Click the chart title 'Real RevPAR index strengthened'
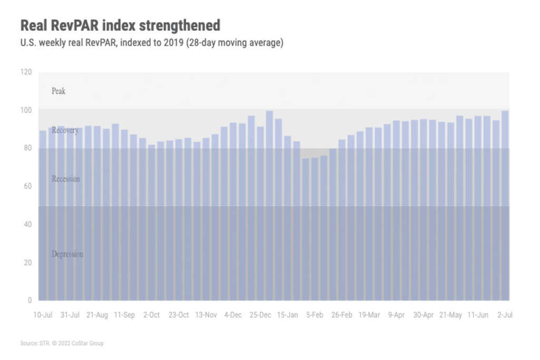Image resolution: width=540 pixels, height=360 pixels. tap(120, 25)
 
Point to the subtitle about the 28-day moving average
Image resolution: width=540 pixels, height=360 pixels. tap(152, 43)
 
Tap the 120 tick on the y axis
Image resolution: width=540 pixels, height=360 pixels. tap(26, 72)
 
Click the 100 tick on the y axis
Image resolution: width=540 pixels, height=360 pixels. tap(26, 110)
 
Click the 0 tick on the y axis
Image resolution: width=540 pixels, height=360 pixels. tap(30, 300)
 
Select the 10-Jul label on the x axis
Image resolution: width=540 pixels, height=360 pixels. tap(43, 315)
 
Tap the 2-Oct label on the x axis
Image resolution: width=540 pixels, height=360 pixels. tap(151, 315)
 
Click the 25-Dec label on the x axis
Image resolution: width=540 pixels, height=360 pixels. tap(261, 315)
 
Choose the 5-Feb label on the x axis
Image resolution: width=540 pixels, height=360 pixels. tap(315, 315)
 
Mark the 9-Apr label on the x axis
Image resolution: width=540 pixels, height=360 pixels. tap(396, 315)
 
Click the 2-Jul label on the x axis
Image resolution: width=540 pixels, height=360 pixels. tap(505, 315)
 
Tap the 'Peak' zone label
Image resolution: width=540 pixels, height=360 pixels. tap(59, 91)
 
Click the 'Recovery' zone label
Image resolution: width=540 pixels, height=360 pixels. tap(65, 130)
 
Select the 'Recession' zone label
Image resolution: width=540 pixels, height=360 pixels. tap(66, 179)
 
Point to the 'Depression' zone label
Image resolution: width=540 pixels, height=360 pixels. tap(67, 255)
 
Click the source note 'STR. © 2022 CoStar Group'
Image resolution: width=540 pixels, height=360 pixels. tap(62, 344)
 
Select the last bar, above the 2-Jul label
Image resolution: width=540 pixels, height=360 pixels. tap(505, 206)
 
